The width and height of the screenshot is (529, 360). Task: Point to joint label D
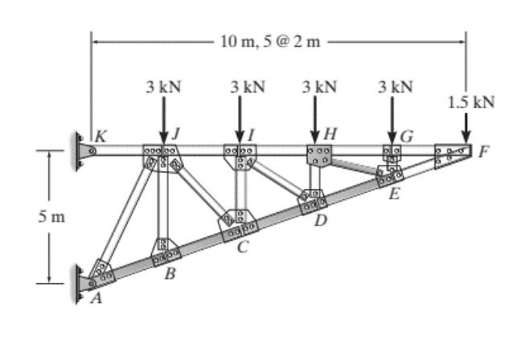320,221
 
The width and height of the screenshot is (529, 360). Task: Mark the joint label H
330,133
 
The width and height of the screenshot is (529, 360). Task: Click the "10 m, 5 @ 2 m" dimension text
269,40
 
